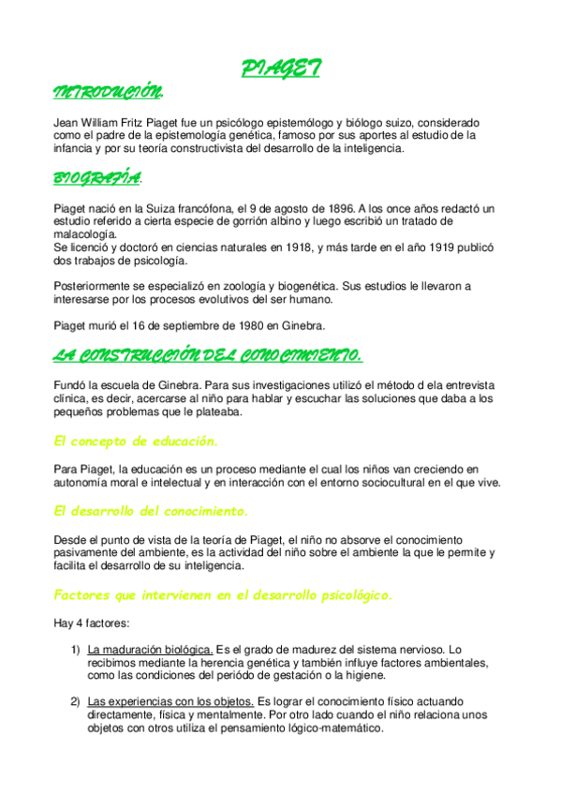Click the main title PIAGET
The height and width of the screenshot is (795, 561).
(x=281, y=68)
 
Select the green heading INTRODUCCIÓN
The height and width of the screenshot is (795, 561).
(x=108, y=93)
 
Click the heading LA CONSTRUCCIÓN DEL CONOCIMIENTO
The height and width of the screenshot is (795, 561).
(x=207, y=354)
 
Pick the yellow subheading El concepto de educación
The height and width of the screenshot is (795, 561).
(x=137, y=442)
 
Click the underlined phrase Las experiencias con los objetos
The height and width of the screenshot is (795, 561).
(x=170, y=702)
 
